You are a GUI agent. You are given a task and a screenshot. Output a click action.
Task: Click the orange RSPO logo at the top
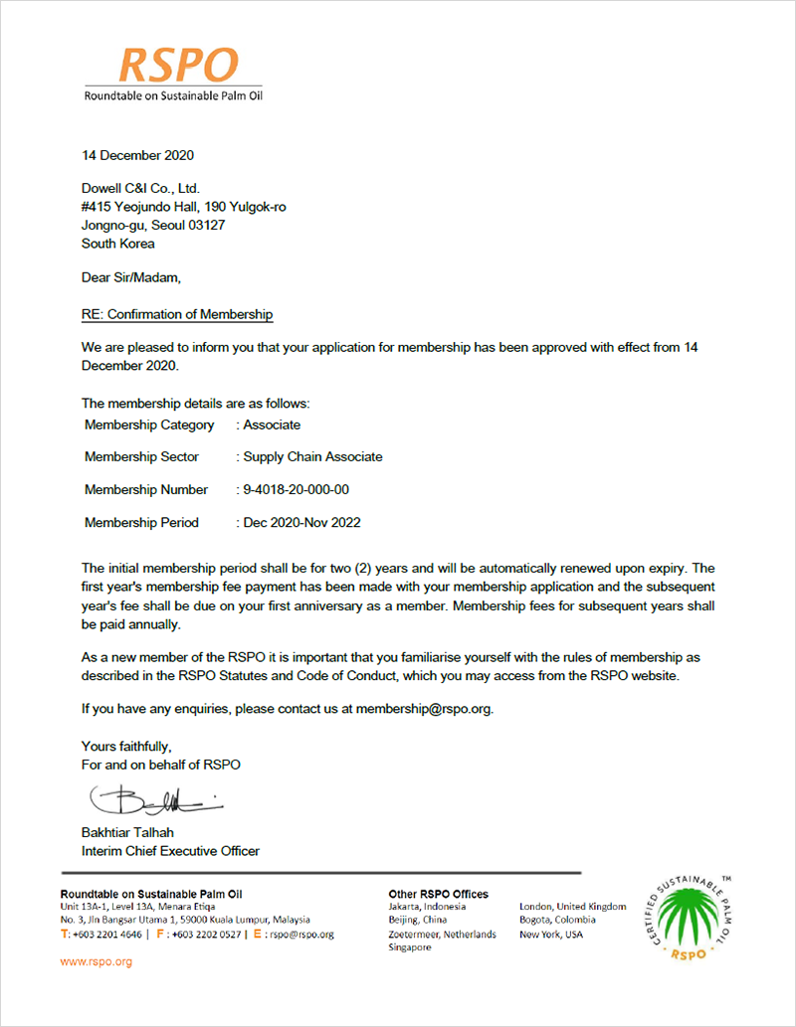pos(178,66)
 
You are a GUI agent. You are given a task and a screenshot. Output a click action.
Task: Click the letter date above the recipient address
pos(137,155)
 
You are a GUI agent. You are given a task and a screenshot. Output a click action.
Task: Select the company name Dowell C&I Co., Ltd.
pos(140,188)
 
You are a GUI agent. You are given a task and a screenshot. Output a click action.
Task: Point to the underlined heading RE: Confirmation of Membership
pos(177,314)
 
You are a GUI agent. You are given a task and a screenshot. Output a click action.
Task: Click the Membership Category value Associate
pos(272,425)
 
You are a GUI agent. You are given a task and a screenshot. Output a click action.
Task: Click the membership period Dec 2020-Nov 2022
pos(301,523)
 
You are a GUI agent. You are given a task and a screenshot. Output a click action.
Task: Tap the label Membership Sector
pos(141,457)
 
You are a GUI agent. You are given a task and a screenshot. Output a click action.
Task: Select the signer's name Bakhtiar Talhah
pos(132,832)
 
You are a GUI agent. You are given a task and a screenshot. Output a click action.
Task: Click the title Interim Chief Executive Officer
pos(170,851)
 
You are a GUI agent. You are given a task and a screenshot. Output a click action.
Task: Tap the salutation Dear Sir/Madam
pos(131,277)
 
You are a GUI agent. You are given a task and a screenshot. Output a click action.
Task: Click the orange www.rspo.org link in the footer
pos(97,962)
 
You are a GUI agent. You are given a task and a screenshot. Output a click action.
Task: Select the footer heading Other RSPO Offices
pos(438,894)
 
